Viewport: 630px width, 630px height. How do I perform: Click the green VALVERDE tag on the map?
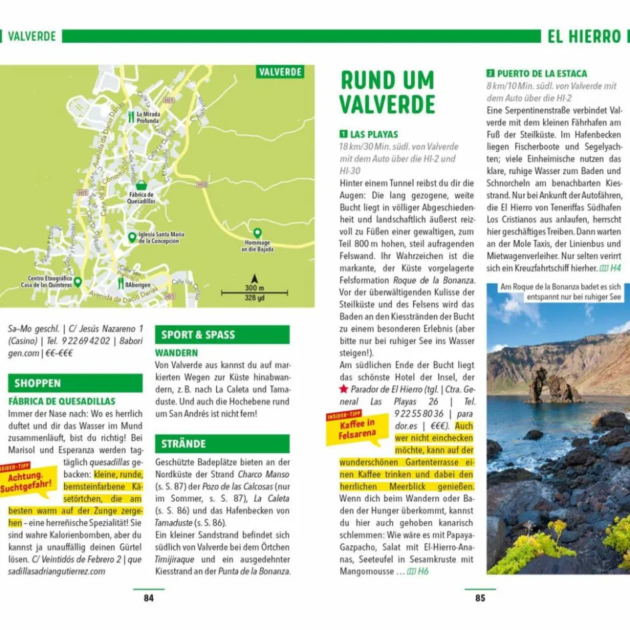[280, 72]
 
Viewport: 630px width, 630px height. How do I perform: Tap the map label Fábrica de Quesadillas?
[141, 197]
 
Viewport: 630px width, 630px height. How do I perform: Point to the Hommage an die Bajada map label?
[257, 246]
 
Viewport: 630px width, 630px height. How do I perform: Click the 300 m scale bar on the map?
[254, 292]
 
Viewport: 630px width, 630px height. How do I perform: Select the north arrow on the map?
[254, 278]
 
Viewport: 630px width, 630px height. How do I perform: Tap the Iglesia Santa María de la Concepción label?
[161, 238]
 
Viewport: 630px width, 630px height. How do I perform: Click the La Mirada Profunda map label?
[148, 117]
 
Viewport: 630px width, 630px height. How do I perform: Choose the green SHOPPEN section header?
[75, 383]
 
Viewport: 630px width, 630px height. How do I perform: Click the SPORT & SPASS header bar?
[222, 335]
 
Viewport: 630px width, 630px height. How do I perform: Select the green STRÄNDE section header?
[222, 444]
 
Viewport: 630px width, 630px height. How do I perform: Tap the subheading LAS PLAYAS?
[374, 134]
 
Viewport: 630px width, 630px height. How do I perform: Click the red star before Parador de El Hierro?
[344, 388]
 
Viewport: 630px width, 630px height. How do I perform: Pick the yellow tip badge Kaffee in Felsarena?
[353, 427]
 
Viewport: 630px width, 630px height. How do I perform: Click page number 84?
[148, 598]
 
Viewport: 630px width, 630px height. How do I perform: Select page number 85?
[480, 598]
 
